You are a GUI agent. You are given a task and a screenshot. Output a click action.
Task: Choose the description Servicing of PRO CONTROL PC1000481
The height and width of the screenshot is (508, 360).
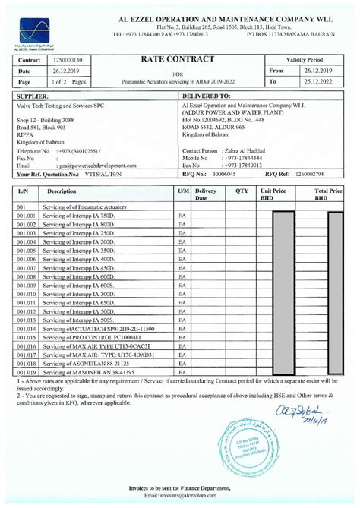(x=93, y=336)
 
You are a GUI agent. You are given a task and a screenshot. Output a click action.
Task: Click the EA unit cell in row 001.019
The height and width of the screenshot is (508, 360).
(x=182, y=372)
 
